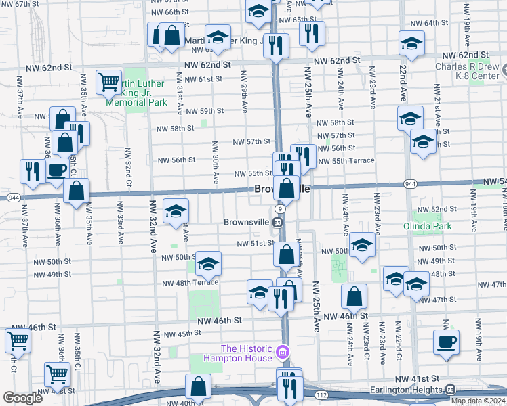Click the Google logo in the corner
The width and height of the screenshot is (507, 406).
tap(22, 398)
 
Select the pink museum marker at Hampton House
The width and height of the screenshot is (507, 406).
tap(283, 351)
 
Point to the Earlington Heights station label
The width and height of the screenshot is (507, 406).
tap(409, 390)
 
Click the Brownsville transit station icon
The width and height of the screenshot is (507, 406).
tap(278, 222)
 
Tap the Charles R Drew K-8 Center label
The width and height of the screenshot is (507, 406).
tap(467, 72)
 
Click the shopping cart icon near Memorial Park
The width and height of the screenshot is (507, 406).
tap(108, 83)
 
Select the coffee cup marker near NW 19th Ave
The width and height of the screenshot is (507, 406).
tap(446, 342)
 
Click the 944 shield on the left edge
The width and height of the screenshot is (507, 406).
tap(14, 197)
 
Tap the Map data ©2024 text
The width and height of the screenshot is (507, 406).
tap(476, 401)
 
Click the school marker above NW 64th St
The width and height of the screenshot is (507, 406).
tap(411, 43)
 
